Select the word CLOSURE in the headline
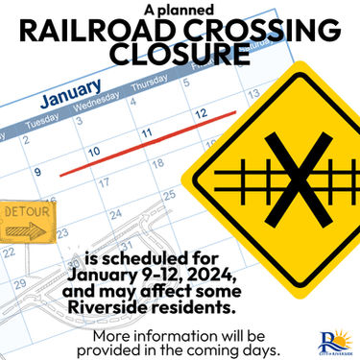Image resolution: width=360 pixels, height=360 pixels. pyautogui.click(x=180, y=57)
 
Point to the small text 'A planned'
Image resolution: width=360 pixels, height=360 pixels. pyautogui.click(x=180, y=9)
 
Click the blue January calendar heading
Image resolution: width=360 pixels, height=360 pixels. pyautogui.click(x=75, y=100)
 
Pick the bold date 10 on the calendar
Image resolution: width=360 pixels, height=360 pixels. pyautogui.click(x=94, y=152)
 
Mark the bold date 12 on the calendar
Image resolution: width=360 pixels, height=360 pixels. pyautogui.click(x=200, y=113)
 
